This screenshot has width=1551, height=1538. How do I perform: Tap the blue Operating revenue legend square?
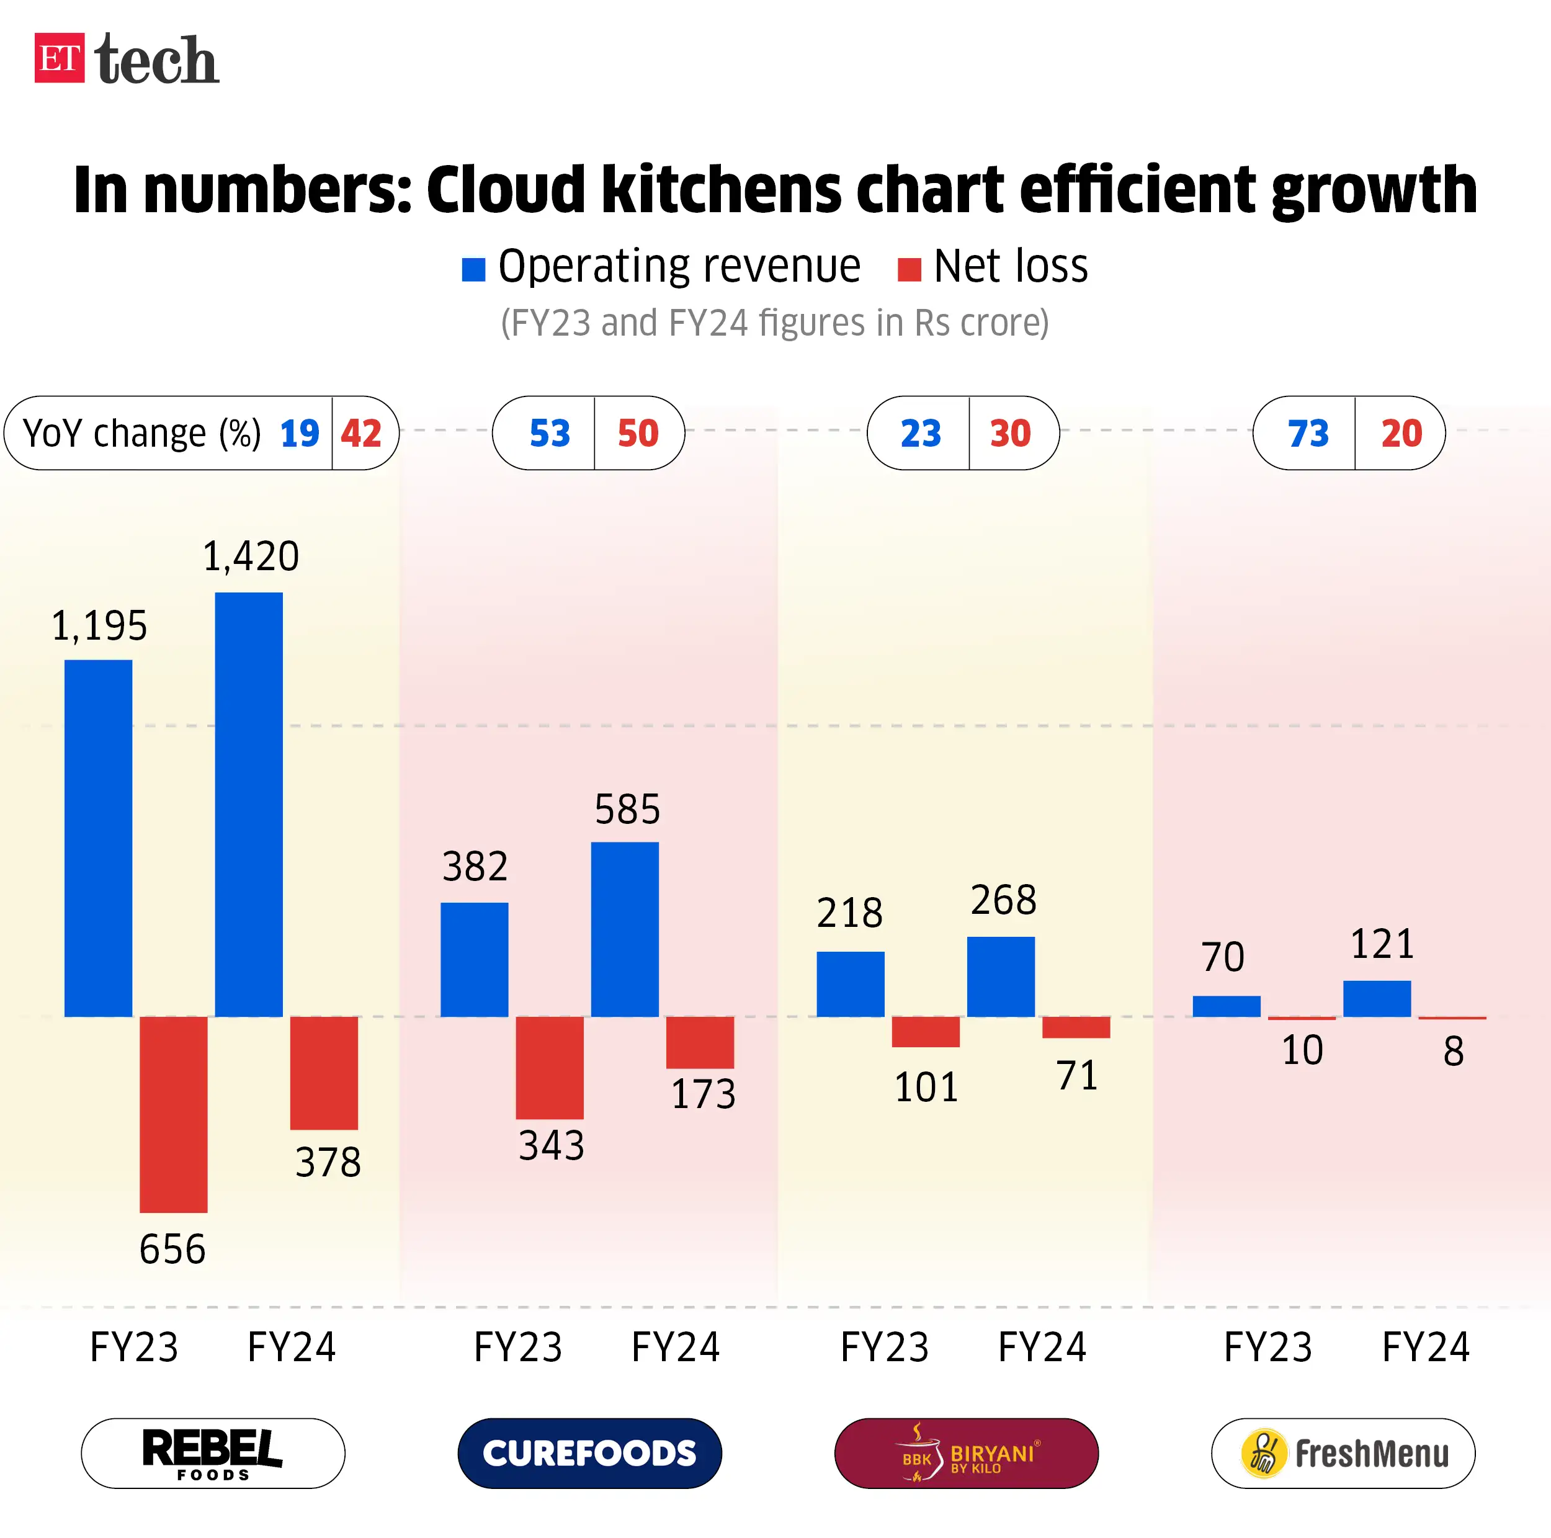click(x=473, y=270)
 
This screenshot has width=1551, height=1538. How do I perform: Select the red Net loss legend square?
click(x=909, y=270)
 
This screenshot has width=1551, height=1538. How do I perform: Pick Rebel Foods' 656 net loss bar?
click(x=174, y=1114)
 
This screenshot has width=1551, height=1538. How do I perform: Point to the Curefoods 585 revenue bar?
click(x=625, y=929)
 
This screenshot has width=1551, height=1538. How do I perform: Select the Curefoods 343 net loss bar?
click(x=549, y=1067)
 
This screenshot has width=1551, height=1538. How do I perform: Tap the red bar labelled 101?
click(x=926, y=1032)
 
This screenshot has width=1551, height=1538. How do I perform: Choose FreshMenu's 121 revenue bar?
click(x=1377, y=999)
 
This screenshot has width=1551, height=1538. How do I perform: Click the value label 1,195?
click(x=99, y=625)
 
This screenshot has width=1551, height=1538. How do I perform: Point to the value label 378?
click(x=328, y=1161)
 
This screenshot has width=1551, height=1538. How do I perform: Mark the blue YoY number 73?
click(x=1308, y=434)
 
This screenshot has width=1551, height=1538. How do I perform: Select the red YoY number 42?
click(x=360, y=434)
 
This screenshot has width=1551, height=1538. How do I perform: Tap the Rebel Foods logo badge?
click(x=213, y=1453)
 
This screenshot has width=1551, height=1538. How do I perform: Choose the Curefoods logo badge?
click(x=589, y=1453)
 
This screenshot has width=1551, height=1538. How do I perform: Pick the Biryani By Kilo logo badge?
click(x=966, y=1453)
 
